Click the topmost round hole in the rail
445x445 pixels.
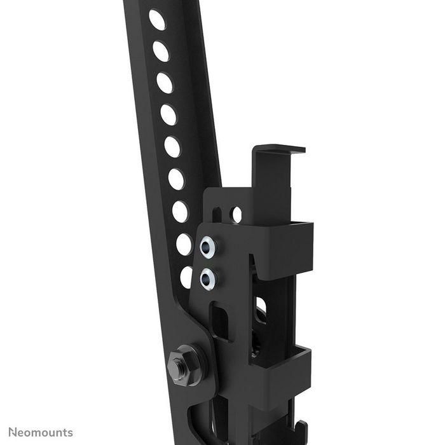click(157, 20)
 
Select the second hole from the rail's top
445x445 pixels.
click(161, 51)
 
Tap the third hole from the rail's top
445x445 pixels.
click(165, 83)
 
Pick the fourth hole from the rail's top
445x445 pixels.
click(168, 115)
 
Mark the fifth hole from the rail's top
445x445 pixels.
click(172, 147)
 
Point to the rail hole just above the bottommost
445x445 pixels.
click(184, 244)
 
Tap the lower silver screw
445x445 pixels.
click(208, 277)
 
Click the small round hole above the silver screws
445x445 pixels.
click(236, 214)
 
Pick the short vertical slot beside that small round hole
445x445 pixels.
click(217, 214)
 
